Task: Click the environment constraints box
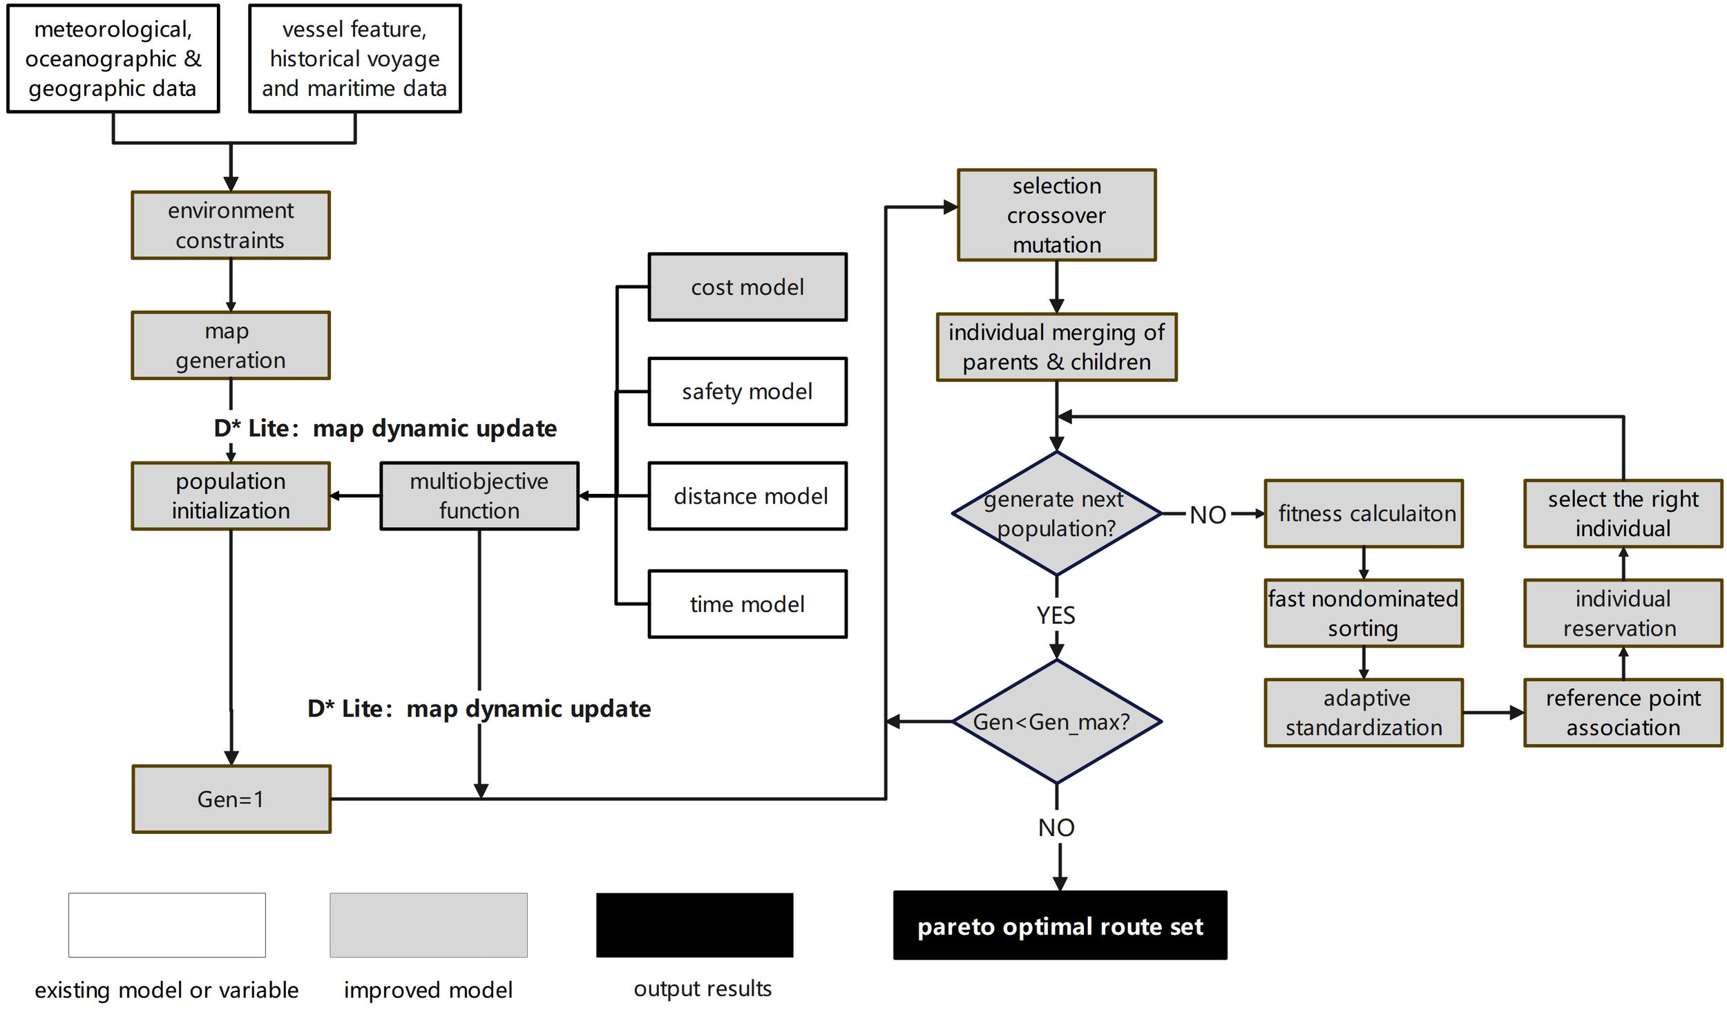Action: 231,225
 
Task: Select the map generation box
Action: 231,345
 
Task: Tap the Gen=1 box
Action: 231,799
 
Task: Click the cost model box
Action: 747,287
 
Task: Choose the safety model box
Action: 747,391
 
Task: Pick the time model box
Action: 747,604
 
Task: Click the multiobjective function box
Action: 479,495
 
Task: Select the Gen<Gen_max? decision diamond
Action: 1056,721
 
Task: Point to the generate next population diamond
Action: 1056,513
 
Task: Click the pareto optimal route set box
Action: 1060,925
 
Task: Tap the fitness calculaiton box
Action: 1364,513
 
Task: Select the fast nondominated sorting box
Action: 1364,613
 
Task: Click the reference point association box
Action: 1623,712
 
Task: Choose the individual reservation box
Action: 1623,613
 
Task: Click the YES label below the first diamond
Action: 1056,615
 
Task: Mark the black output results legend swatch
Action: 694,924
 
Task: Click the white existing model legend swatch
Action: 166,924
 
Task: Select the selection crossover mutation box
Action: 1056,215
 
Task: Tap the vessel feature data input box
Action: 354,59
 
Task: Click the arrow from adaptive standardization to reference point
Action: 1492,712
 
